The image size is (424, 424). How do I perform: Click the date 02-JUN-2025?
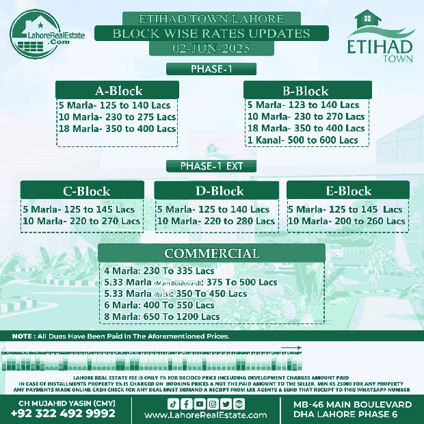tap(202, 49)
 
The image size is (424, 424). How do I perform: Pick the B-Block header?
tap(305, 91)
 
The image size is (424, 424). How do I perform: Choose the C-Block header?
tap(86, 191)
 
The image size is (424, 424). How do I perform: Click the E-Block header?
tap(348, 191)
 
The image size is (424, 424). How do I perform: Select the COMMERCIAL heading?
tap(211, 254)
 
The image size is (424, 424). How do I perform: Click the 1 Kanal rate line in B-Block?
tap(302, 140)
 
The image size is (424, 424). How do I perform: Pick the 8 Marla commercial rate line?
tap(161, 317)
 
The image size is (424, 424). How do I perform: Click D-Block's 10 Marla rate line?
tap(216, 221)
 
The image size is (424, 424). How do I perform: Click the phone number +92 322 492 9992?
tap(63, 413)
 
